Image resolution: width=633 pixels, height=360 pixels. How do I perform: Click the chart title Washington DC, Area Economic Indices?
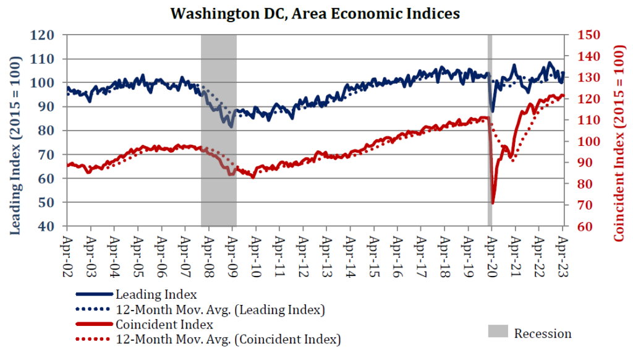click(x=315, y=13)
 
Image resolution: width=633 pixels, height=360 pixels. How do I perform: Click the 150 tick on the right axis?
click(x=588, y=35)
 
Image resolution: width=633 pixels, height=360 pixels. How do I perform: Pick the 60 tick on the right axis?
click(x=585, y=226)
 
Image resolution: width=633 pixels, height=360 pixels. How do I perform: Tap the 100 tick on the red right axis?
click(x=588, y=142)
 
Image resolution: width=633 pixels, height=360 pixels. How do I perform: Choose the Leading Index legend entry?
click(x=156, y=294)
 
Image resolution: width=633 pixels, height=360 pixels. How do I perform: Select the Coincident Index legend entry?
click(x=164, y=324)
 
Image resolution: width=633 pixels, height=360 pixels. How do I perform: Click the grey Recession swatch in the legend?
click(x=498, y=333)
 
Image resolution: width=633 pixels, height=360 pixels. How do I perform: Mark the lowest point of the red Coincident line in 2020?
click(x=493, y=203)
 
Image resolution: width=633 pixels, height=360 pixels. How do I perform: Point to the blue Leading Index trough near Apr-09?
click(x=231, y=126)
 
